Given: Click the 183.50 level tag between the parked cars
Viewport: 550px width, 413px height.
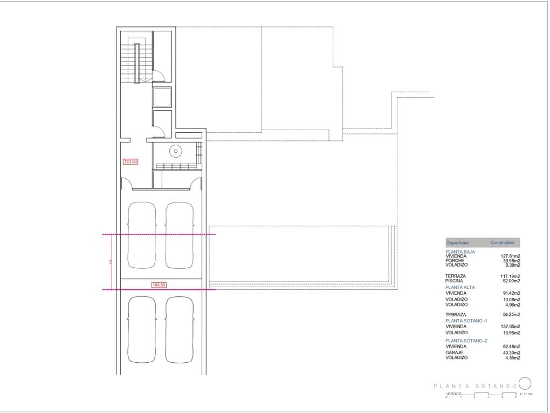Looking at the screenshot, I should pos(159,285).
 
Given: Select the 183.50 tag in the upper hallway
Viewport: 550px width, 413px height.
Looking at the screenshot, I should pos(130,161).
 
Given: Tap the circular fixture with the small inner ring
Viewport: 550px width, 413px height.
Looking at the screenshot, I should pos(176,151).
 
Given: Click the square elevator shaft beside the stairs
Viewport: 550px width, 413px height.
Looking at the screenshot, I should pos(162,97).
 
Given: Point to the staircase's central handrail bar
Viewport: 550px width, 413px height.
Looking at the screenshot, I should pos(137,63).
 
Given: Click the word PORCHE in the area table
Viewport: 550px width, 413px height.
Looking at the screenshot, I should pos(455,261).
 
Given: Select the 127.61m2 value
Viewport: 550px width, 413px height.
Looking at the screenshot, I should pos(510,256).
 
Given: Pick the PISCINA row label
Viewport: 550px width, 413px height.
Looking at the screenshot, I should pos(455,281).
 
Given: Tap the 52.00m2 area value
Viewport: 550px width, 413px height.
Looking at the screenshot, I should pos(510,281).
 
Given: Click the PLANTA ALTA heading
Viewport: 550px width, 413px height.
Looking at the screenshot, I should pos(460,287).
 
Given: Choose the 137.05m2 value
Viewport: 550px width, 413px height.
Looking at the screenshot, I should pos(510,327).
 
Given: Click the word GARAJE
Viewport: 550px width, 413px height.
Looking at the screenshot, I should pos(454,353).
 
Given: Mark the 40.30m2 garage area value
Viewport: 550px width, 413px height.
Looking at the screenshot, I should pos(510,353).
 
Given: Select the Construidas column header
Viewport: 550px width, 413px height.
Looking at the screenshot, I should pos(502,243).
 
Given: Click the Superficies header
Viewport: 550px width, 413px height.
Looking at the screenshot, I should pos(458,243).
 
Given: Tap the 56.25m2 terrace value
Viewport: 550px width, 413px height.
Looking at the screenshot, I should pos(510,315).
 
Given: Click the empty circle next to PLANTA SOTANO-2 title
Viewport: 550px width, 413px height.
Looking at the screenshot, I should pos(525,383).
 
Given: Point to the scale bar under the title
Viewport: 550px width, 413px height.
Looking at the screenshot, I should pos(481,395).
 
